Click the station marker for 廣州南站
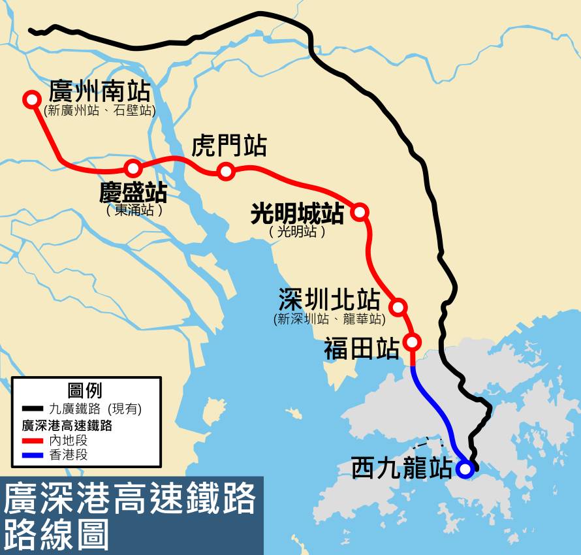[x=31, y=99]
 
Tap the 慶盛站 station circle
[x=133, y=168]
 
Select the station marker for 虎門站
[x=226, y=171]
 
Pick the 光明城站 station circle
[x=359, y=211]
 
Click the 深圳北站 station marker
[x=398, y=306]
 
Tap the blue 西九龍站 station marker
[x=465, y=469]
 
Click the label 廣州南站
[x=99, y=91]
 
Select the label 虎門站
[x=228, y=146]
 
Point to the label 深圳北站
[x=329, y=300]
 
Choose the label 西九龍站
[x=401, y=468]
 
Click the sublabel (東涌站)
[x=134, y=210]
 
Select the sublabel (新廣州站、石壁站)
[x=100, y=110]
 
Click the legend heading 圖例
[x=85, y=390]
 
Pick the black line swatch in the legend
[x=32, y=409]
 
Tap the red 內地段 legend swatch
[x=32, y=441]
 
